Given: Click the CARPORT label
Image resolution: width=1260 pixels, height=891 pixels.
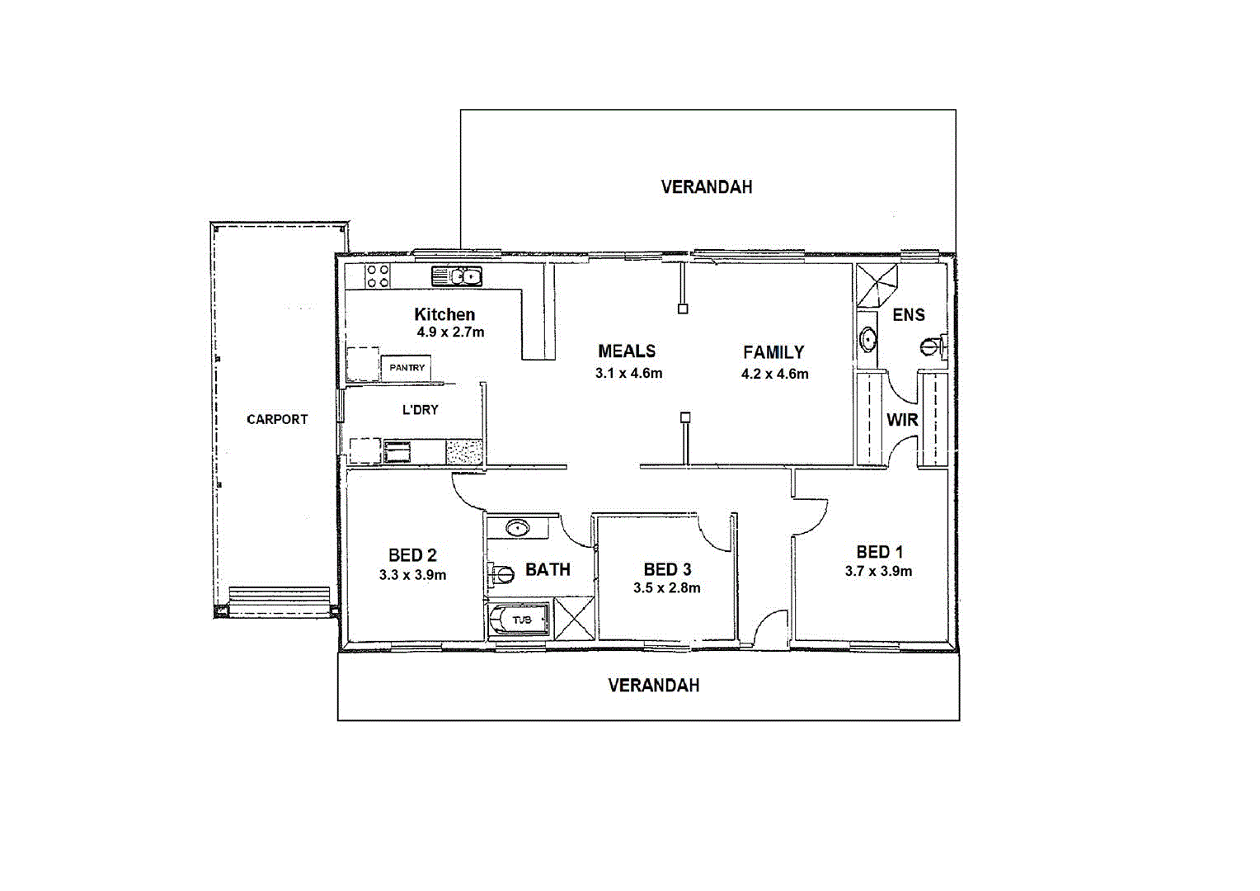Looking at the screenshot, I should point(277,419).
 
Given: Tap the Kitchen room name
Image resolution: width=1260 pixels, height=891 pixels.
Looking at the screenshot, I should point(444,314).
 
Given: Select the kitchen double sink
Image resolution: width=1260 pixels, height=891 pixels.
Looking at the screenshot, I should point(456,276).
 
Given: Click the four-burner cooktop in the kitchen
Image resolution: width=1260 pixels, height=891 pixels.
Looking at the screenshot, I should point(378,276).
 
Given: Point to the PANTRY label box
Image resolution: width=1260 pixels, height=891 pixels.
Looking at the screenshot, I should point(407,368).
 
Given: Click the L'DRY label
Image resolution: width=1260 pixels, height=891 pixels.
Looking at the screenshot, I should point(420,410).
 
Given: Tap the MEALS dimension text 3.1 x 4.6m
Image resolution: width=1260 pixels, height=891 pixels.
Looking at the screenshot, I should point(628,373).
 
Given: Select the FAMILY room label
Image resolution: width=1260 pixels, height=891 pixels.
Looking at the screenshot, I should point(773,352).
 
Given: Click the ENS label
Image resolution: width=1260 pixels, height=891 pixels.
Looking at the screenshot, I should point(909,315).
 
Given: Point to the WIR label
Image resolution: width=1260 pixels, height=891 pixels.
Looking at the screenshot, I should point(902,420).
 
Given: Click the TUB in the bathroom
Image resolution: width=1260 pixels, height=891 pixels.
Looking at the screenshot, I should point(520,620).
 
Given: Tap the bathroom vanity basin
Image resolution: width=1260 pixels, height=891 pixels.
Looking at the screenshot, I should point(517,527).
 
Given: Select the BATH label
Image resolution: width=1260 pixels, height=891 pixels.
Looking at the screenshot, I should point(548,569).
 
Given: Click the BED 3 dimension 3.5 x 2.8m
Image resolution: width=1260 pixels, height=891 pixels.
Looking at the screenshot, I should point(666,588).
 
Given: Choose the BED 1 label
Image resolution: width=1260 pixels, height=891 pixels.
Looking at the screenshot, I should point(879,552).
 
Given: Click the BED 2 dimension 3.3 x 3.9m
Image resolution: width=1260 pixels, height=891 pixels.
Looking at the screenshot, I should point(412,575).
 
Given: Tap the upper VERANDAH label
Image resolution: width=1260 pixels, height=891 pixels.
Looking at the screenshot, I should point(707,187).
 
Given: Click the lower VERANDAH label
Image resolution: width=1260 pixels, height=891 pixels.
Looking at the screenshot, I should point(653,686).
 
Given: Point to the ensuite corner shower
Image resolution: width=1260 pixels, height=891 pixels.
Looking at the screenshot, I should point(875,285).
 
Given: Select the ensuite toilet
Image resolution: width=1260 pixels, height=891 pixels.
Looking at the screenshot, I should point(933,345).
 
